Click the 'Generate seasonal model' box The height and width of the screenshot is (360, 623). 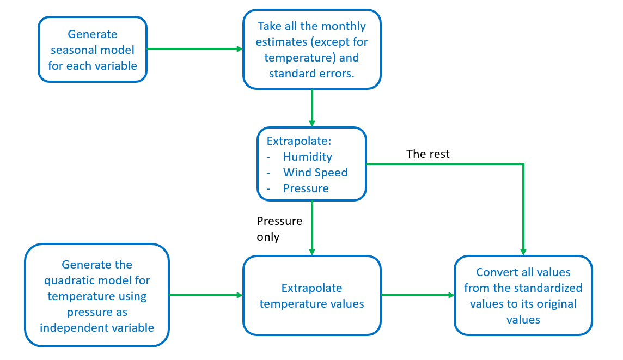pyautogui.click(x=93, y=50)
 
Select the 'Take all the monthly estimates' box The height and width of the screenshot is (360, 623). pyautogui.click(x=311, y=50)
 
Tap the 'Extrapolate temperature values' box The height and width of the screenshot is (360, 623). pyautogui.click(x=311, y=295)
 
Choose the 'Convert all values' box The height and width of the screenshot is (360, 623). pyautogui.click(x=523, y=295)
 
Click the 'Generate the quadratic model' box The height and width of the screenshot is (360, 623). pyautogui.click(x=96, y=295)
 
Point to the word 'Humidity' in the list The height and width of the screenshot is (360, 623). pyautogui.click(x=307, y=157)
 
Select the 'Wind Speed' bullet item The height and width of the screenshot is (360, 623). pyautogui.click(x=315, y=173)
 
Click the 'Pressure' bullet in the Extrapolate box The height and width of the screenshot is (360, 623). pyautogui.click(x=306, y=188)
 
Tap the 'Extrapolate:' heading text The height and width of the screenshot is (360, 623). pyautogui.click(x=298, y=141)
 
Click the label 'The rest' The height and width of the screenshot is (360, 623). pyautogui.click(x=428, y=154)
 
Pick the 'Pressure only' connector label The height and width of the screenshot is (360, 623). pyautogui.click(x=279, y=229)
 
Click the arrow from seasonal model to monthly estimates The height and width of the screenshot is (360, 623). pyautogui.click(x=194, y=49)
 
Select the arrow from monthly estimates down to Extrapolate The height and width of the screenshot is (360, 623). pyautogui.click(x=311, y=107)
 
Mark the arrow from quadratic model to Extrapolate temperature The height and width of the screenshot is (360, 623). pyautogui.click(x=205, y=295)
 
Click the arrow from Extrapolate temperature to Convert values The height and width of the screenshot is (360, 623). pyautogui.click(x=417, y=295)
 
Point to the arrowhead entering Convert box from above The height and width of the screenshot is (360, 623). pyautogui.click(x=523, y=251)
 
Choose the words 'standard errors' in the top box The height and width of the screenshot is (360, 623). pyautogui.click(x=311, y=73)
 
